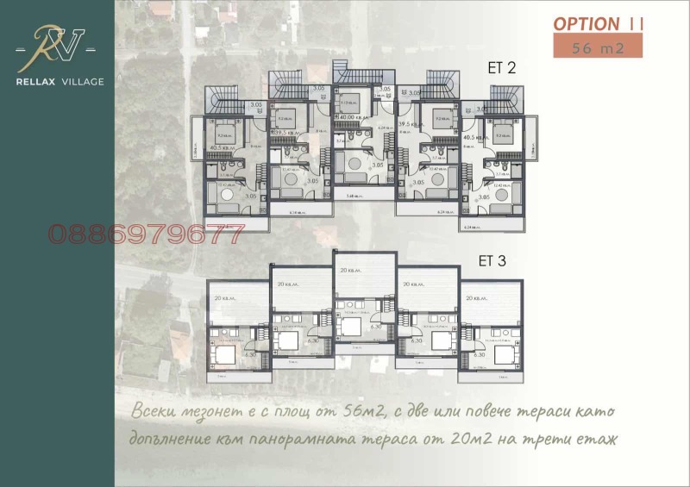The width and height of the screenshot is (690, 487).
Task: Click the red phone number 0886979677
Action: pyautogui.click(x=146, y=234)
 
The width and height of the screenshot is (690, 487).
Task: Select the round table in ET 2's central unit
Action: pyautogui.click(x=353, y=165)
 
